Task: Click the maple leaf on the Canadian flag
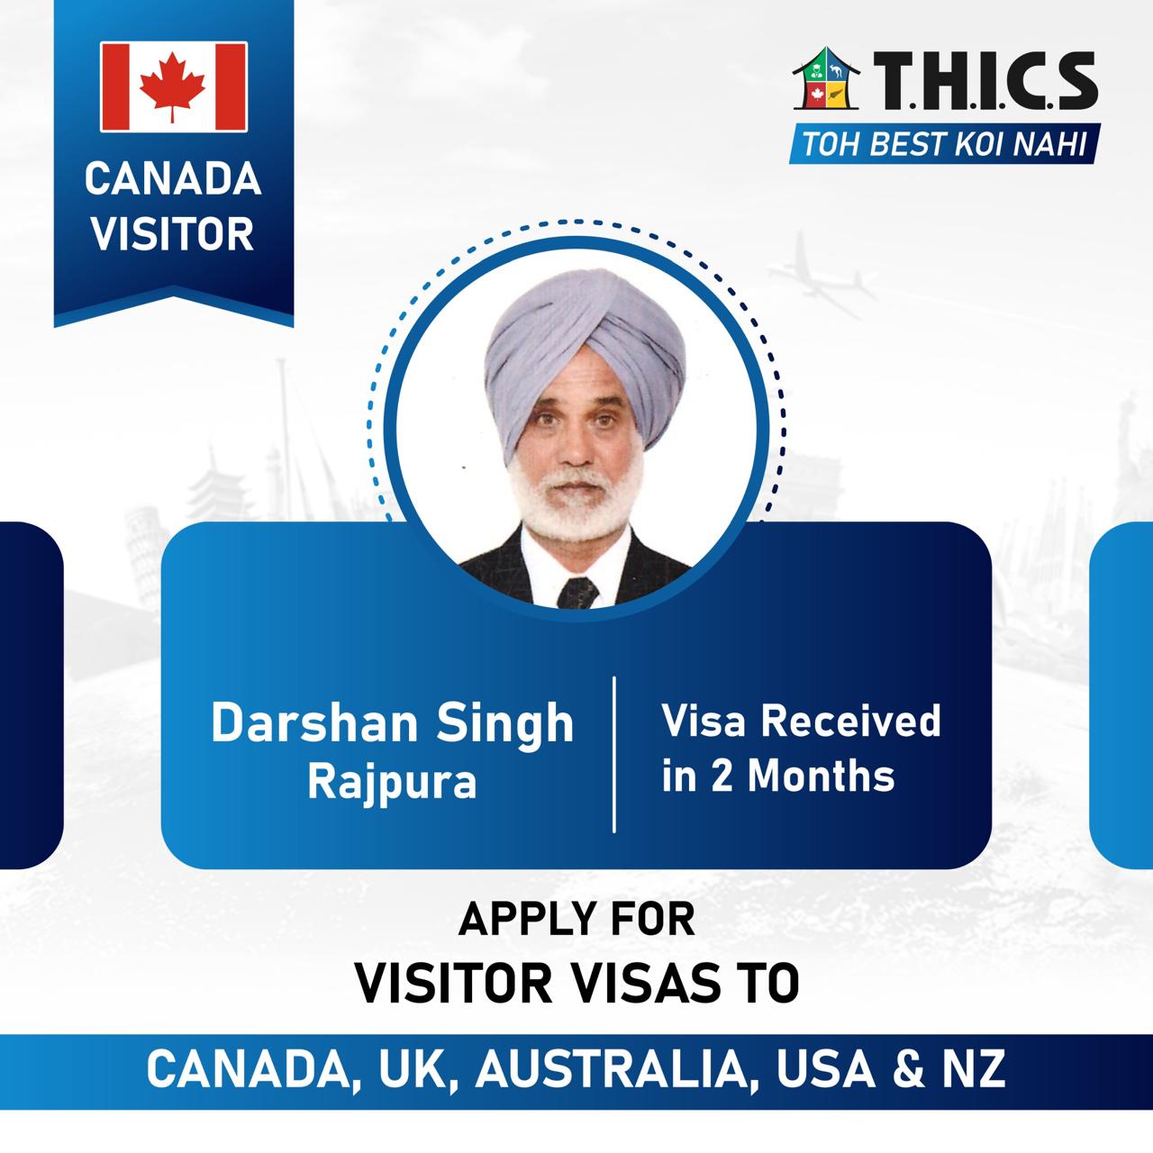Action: click(172, 86)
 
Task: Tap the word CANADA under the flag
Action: click(173, 179)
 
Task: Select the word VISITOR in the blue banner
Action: click(172, 233)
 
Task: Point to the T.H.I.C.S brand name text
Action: click(985, 80)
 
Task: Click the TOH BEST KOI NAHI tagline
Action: click(944, 144)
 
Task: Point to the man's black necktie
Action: click(577, 593)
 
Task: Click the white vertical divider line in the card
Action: click(614, 755)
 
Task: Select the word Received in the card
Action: click(851, 721)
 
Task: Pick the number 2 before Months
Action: click(721, 776)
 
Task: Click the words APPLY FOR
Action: click(576, 920)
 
